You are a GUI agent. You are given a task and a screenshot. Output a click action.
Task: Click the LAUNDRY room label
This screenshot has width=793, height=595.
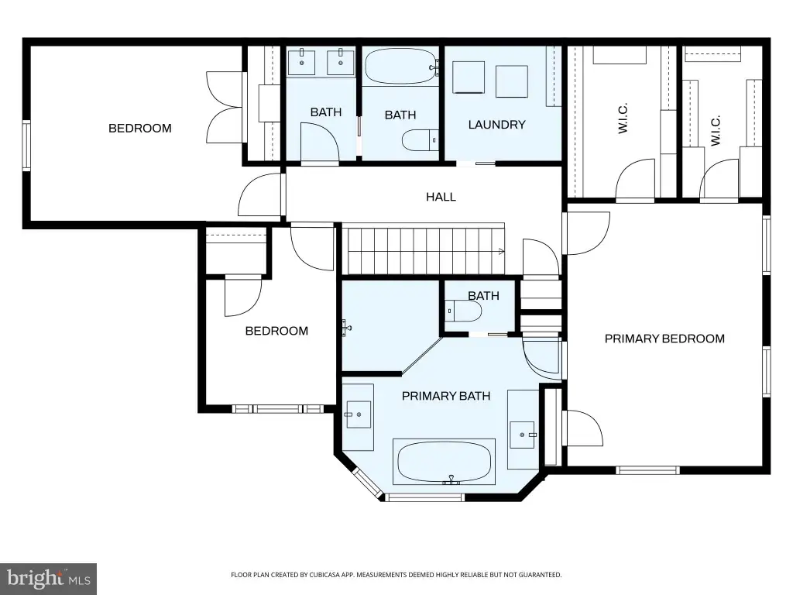coord(496,125)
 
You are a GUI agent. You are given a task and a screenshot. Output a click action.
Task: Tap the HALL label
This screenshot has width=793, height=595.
coord(441,197)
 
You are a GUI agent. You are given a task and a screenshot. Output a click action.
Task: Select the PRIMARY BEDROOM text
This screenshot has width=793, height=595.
coord(664,339)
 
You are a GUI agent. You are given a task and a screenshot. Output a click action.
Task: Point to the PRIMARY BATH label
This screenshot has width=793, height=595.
coord(446,396)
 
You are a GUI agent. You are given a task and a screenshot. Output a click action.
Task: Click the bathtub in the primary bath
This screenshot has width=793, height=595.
coord(445,462)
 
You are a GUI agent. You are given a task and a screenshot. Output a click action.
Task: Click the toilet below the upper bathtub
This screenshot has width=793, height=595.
coord(420,140)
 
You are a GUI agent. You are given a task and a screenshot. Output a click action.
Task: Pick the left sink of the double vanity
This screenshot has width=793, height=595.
coord(302,61)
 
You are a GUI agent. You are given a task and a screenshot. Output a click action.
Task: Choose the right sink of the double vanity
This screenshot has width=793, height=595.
coord(341,61)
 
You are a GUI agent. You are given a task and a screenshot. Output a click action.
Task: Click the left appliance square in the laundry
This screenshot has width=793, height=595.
coord(468,77)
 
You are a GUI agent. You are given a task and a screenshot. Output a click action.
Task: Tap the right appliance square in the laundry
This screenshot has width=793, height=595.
coord(512,81)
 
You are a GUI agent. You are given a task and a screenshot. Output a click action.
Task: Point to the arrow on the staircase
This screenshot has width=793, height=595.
coord(501,252)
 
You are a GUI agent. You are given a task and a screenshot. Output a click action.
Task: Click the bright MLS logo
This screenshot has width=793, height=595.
coord(49,579)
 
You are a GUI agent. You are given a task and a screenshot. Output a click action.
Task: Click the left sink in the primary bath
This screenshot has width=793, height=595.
coord(358,415)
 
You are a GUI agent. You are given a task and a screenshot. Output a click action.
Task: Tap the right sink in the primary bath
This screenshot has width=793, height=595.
coord(522,435)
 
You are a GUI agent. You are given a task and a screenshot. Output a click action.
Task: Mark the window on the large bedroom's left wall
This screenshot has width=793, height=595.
coord(26,145)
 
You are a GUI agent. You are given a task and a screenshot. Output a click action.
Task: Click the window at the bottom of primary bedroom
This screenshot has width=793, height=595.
coord(647,470)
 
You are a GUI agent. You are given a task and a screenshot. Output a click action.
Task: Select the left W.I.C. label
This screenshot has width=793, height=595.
coord(623,119)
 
